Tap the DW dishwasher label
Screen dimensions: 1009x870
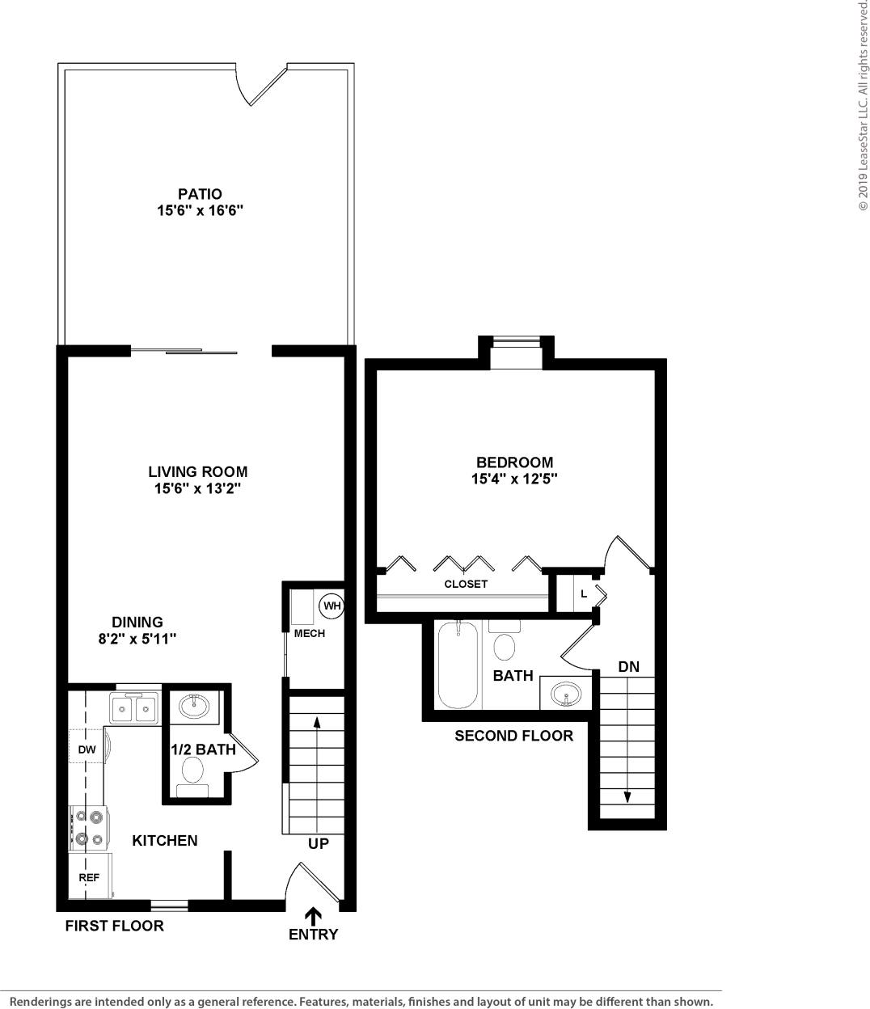[x=87, y=749]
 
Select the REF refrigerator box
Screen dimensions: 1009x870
[x=88, y=877]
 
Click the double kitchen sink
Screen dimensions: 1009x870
[x=134, y=710]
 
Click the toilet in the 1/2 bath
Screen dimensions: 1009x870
[x=193, y=772]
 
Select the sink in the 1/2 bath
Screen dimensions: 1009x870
[x=194, y=707]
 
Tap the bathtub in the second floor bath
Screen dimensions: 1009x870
[x=458, y=665]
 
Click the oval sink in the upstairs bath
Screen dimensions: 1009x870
[x=566, y=693]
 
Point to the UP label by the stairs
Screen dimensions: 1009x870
[x=319, y=844]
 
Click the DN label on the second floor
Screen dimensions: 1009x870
[x=628, y=667]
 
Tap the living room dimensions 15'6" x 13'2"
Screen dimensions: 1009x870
[x=197, y=488]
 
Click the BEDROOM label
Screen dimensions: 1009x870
[x=514, y=462]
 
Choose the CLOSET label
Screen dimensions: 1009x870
[x=466, y=584]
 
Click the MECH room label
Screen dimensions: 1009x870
[x=309, y=633]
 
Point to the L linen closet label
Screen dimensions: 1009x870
[x=584, y=594]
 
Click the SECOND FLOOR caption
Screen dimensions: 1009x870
[x=513, y=736]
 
